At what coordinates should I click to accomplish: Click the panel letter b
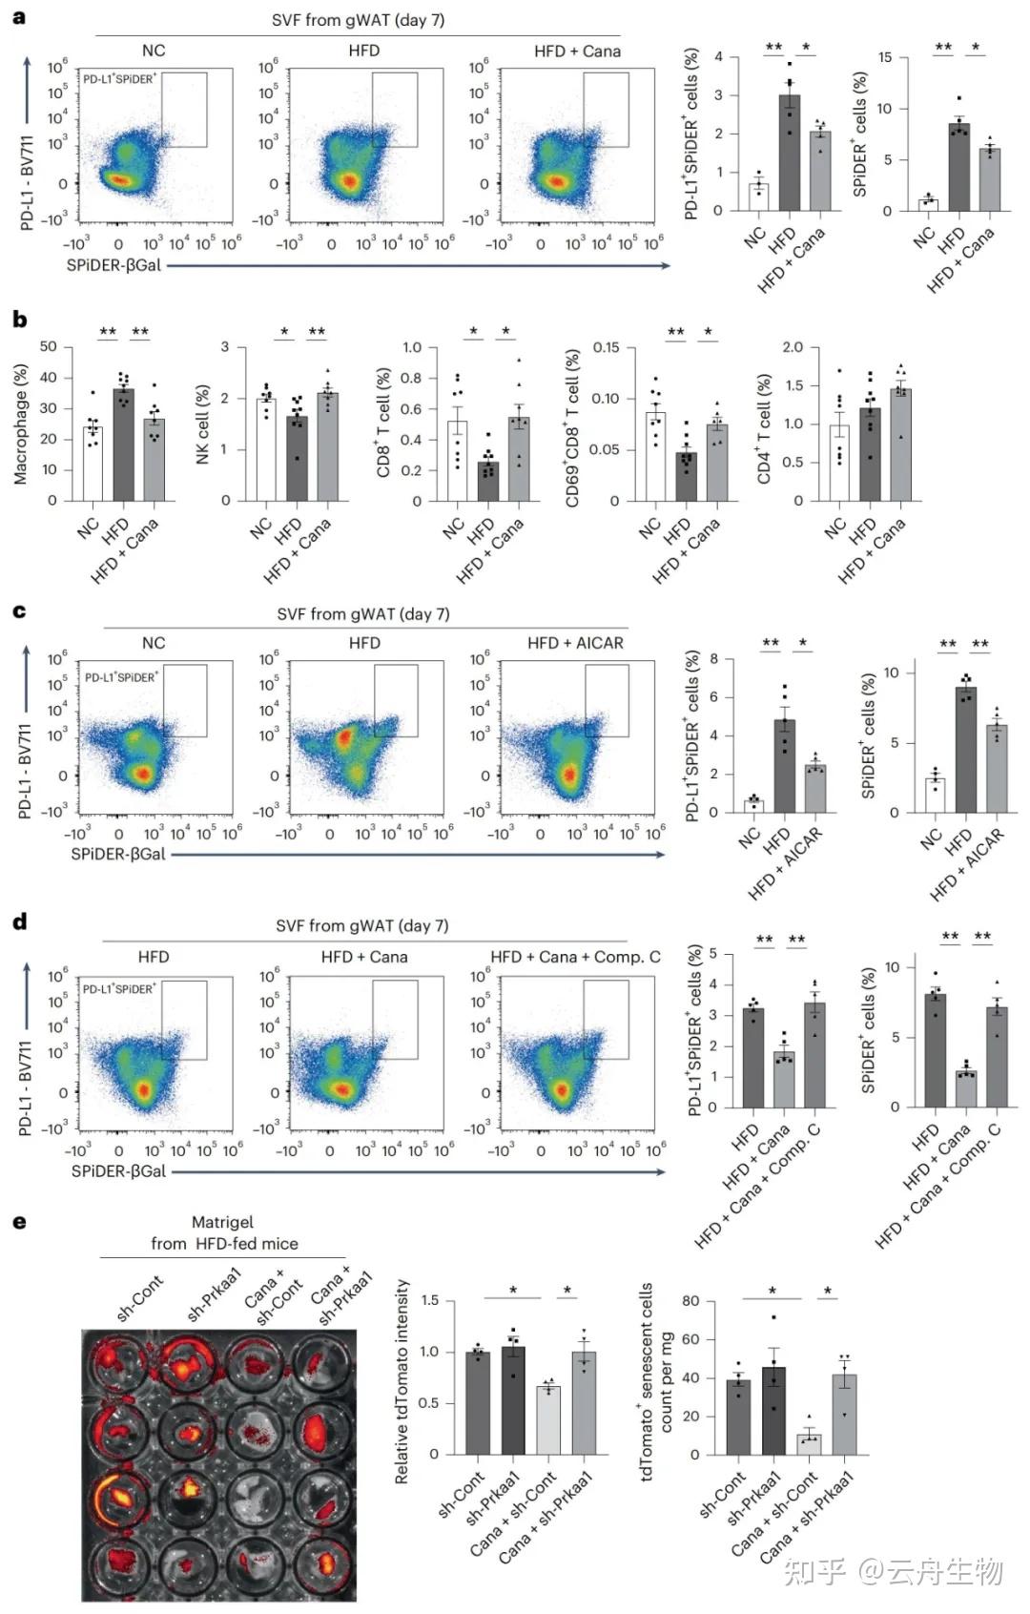19,320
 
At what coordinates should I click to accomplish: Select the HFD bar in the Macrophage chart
123,445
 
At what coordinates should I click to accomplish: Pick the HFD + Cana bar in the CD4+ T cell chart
900,445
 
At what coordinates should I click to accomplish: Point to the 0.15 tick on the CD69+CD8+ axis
606,347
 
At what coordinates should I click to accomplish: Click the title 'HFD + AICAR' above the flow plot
575,643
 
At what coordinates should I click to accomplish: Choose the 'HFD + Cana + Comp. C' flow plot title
575,957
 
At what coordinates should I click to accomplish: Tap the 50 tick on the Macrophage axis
49,347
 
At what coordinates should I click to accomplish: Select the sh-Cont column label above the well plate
140,1297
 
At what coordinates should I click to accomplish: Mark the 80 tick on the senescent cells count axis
690,1301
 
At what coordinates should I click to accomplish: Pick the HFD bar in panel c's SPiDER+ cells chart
965,750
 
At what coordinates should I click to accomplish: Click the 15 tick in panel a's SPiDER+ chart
885,57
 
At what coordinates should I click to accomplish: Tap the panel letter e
19,1223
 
